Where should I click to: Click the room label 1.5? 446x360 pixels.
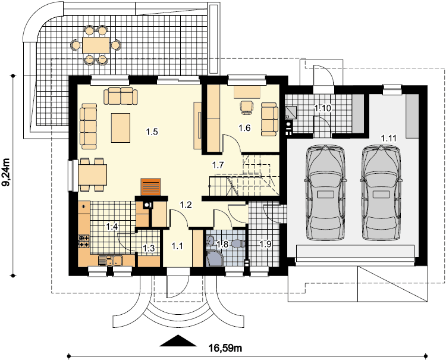tap(152, 132)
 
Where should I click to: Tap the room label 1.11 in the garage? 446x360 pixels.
tap(388, 138)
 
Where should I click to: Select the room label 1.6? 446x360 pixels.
tap(244, 128)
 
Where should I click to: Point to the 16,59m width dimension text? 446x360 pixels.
tap(225, 348)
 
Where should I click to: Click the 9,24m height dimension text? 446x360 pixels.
tap(7, 172)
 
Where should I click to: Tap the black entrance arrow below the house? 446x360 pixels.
tap(178, 340)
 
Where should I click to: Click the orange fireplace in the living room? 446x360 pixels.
tap(151, 187)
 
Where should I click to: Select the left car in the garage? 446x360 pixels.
tap(325, 193)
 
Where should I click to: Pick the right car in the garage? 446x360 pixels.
tap(381, 193)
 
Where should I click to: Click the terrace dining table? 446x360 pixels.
tap(96, 45)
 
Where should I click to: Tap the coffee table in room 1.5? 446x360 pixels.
tap(121, 128)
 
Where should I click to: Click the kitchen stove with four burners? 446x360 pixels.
tap(84, 241)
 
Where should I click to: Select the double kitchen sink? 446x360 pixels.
tap(111, 261)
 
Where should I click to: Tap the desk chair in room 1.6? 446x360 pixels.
tap(246, 107)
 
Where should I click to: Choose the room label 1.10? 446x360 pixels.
tap(322, 108)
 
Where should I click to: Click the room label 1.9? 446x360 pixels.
tap(265, 244)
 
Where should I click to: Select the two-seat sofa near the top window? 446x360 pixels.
tap(121, 96)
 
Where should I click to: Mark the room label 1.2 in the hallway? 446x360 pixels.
tap(186, 204)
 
